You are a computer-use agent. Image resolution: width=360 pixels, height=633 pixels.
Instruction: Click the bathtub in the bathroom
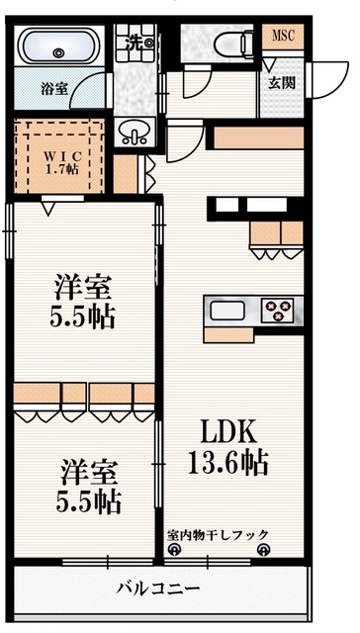click(55, 47)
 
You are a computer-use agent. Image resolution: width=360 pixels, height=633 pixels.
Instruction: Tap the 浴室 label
click(54, 89)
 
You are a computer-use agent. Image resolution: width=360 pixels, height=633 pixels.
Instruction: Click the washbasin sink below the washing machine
click(132, 131)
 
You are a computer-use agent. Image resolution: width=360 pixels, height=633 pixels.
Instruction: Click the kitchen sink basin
click(227, 311)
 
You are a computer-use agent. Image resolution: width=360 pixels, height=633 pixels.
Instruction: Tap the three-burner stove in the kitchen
click(281, 311)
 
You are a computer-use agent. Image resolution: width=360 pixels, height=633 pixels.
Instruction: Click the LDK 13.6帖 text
click(229, 447)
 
